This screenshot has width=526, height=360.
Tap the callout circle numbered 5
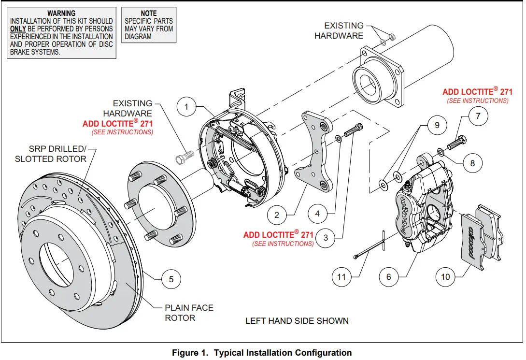tap(171, 279)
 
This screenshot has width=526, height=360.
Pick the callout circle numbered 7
tap(478, 116)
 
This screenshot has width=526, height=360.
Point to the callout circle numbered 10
tap(445, 276)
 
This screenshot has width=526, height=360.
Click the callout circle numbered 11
tap(341, 277)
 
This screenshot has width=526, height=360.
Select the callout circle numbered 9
tap(437, 125)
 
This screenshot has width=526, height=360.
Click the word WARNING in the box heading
tap(61, 14)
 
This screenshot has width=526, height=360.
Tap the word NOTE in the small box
tap(148, 13)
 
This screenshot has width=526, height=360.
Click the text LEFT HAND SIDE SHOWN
tap(297, 321)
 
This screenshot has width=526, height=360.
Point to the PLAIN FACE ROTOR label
tap(188, 313)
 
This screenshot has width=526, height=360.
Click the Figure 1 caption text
tap(261, 353)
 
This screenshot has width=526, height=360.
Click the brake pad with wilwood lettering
tap(474, 235)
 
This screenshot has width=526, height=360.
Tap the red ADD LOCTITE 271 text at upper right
tap(477, 92)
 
